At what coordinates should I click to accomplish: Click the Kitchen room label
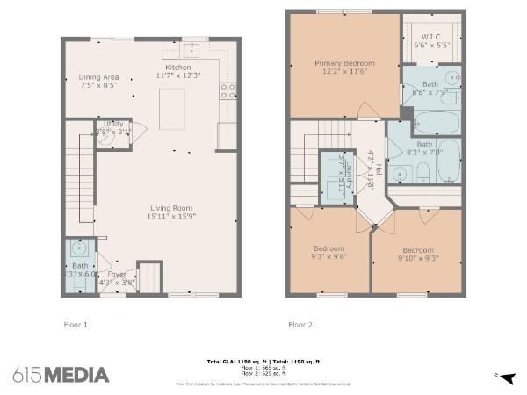177,68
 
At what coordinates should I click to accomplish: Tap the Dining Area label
98,77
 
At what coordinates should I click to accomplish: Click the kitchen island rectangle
172,109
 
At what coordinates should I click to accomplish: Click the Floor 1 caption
76,325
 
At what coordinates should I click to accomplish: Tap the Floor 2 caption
300,325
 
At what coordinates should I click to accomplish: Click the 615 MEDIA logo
61,375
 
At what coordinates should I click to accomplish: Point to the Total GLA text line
263,361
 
